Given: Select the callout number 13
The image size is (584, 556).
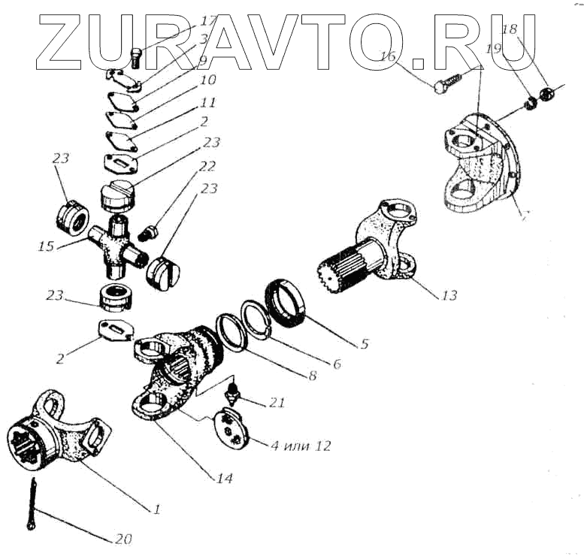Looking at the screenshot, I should [x=448, y=295].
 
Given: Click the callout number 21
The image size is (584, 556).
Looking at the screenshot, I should [x=277, y=403].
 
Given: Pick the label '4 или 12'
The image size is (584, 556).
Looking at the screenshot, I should [x=301, y=446].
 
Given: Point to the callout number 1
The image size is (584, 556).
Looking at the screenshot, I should [x=156, y=509].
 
